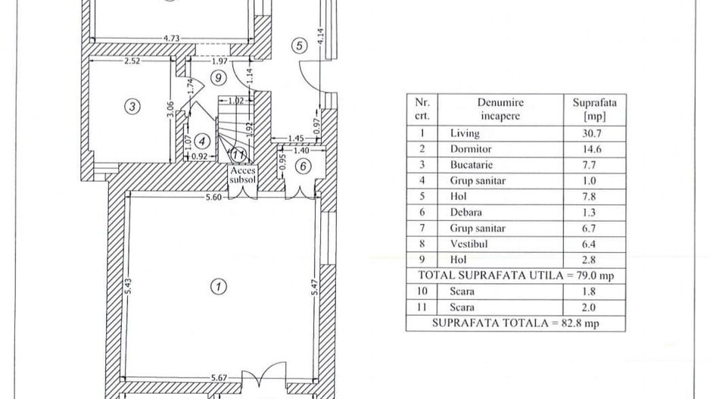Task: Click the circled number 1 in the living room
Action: [218, 286]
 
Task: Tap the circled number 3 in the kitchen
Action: [132, 107]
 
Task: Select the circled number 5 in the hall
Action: [301, 46]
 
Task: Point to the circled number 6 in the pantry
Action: [302, 167]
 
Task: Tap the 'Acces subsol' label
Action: [244, 176]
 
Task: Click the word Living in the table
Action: [465, 133]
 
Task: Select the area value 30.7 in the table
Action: [586, 133]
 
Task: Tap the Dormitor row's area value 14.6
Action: [586, 149]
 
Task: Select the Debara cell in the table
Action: [466, 213]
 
